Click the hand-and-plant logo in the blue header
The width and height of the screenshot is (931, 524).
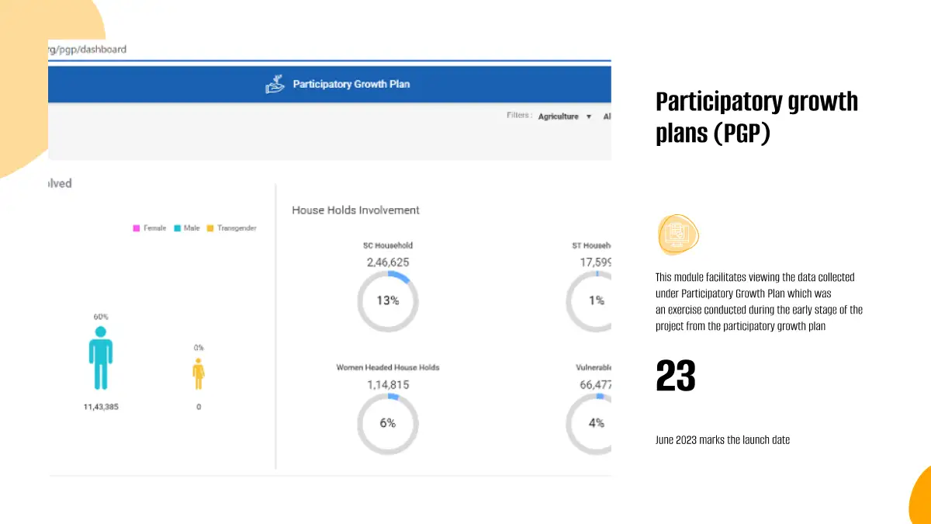[x=275, y=85]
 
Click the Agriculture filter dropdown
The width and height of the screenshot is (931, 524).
[x=564, y=116]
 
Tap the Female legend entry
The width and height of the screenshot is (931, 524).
[x=150, y=228]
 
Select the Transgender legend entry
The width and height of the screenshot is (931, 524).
[x=231, y=228]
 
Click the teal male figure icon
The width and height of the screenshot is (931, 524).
[x=100, y=358]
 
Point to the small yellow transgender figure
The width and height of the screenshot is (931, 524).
[x=199, y=373]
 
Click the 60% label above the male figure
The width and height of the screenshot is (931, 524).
[x=101, y=317]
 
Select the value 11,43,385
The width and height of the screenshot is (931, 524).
[x=100, y=407]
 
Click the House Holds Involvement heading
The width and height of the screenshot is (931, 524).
[x=355, y=210]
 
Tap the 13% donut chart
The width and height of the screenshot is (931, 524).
[x=387, y=300]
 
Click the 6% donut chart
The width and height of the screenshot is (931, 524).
[x=387, y=423]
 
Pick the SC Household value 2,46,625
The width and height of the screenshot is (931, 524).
[x=388, y=262]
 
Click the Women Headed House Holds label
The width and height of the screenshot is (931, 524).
[x=387, y=367]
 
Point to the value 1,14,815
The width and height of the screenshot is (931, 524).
[x=388, y=384]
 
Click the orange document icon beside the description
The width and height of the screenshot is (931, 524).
[x=678, y=234]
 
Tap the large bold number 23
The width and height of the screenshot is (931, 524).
[x=676, y=377]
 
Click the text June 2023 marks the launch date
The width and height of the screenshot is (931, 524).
[x=722, y=440]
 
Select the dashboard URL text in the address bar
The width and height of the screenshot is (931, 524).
[x=88, y=49]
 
